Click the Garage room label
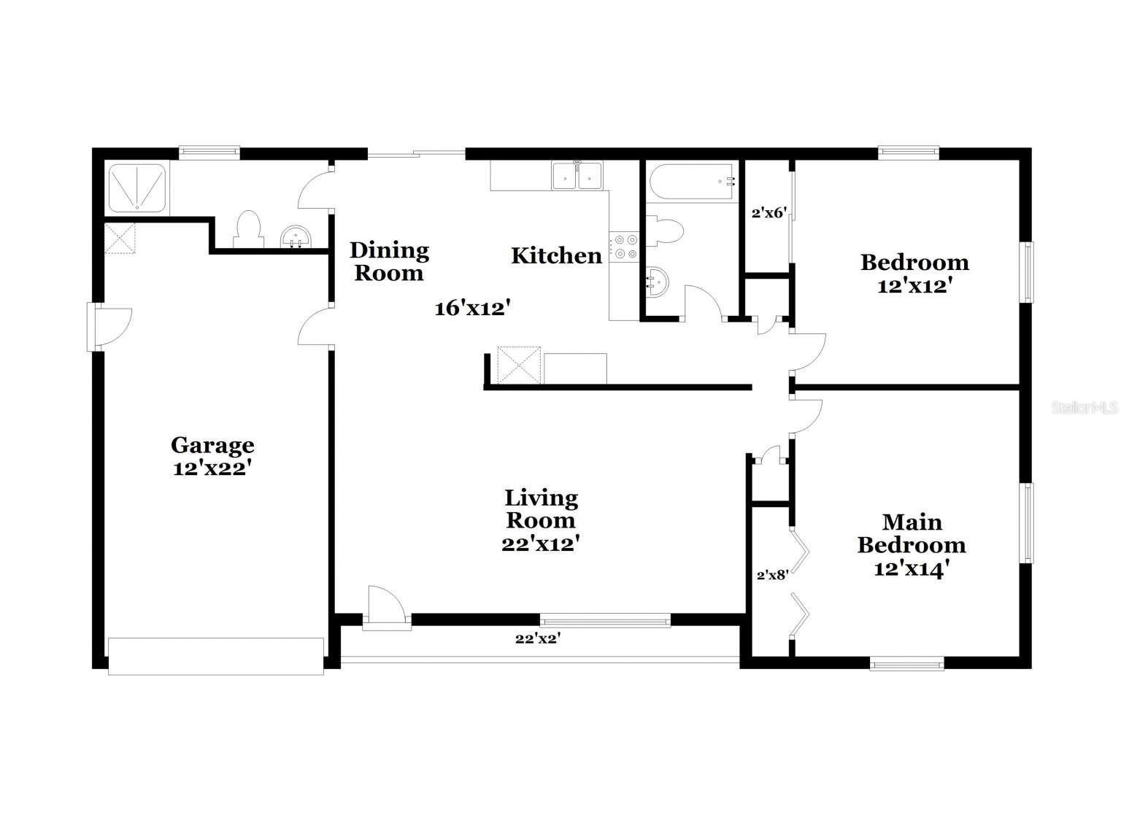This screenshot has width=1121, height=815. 212,444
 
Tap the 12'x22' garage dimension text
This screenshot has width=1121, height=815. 212,468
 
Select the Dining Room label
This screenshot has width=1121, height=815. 389,261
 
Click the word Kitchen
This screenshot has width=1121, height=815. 556,255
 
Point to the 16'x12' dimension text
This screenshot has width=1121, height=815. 471,309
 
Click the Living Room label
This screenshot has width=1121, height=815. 541,509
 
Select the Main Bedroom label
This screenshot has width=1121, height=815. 912,533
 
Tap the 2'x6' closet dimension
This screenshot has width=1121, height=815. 768,213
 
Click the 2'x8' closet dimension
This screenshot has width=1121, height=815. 772,575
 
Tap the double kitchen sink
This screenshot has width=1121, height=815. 577,176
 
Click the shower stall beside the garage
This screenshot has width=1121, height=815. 136,188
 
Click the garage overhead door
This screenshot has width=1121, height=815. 215,655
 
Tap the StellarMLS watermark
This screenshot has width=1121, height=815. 1084,408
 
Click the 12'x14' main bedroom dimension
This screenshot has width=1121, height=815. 912,568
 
